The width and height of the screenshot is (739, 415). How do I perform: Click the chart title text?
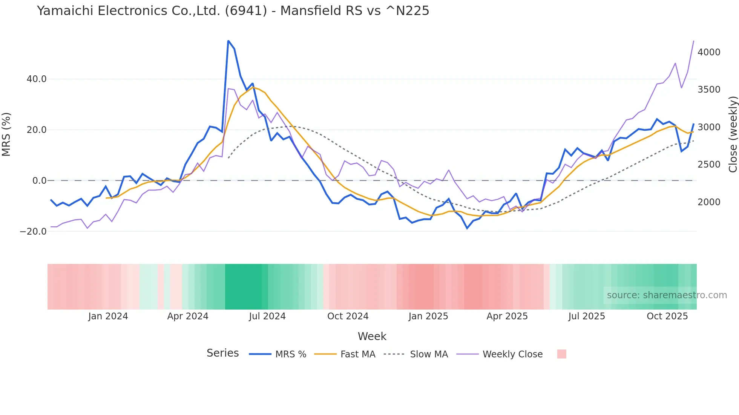(x=233, y=11)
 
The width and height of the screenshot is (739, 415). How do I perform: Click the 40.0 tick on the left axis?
(x=37, y=79)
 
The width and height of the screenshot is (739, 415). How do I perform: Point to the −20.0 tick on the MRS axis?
(x=33, y=232)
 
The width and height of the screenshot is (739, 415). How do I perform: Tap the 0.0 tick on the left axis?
(x=40, y=181)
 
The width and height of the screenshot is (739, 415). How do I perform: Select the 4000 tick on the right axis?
(x=709, y=52)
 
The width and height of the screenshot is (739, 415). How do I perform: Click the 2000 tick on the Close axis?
(x=709, y=202)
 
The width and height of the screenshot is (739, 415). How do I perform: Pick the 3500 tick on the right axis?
(x=709, y=90)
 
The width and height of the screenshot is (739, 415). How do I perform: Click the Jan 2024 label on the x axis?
(x=108, y=316)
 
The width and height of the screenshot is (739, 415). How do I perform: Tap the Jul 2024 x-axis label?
(x=267, y=316)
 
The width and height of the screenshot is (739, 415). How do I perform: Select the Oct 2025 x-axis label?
(x=667, y=316)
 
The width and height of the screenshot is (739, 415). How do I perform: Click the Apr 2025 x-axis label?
(x=507, y=316)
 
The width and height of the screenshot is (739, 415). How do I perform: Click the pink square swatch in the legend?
(x=561, y=354)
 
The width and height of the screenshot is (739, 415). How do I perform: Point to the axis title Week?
(x=372, y=336)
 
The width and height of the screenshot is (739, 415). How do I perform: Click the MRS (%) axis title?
(x=6, y=134)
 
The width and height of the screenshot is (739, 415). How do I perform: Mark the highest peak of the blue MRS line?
(x=228, y=41)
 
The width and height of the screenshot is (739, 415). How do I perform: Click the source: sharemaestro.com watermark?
(x=667, y=295)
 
